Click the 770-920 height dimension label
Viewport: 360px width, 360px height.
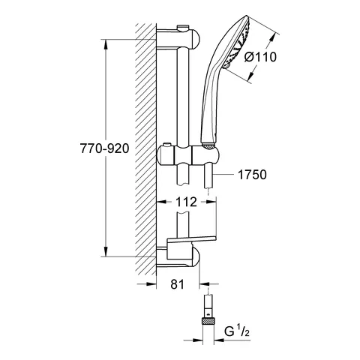coord(104,148)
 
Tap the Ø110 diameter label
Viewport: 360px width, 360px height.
coord(260,57)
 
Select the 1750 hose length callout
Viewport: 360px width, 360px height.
coord(252,175)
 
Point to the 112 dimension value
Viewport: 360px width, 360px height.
coord(186,202)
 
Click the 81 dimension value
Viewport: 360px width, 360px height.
coord(177,284)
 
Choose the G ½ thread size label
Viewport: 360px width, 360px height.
coord(237,331)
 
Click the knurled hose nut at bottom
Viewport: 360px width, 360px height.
coord(208,320)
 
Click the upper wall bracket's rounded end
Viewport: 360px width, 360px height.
coord(195,39)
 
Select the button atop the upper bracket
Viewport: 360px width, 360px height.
coord(183,27)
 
